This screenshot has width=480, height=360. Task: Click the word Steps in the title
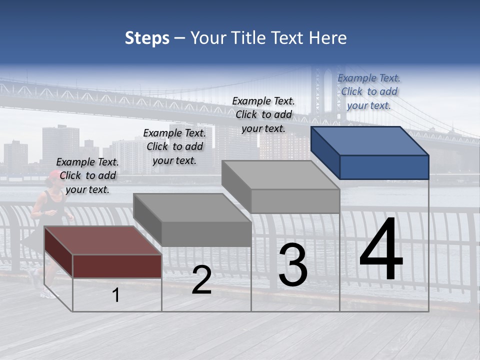pyautogui.click(x=147, y=38)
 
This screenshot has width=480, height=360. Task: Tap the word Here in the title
pyautogui.click(x=327, y=38)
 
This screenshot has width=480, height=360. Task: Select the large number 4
pyautogui.click(x=381, y=250)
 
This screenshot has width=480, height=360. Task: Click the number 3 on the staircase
pyautogui.click(x=293, y=265)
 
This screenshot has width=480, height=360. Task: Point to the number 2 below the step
pyautogui.click(x=201, y=280)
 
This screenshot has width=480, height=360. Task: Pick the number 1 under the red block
pyautogui.click(x=116, y=295)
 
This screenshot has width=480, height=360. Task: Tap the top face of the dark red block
pyautogui.click(x=102, y=240)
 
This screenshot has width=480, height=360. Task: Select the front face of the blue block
pyautogui.click(x=384, y=167)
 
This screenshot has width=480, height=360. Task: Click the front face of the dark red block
pyautogui.click(x=117, y=265)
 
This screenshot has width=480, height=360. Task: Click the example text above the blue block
pyautogui.click(x=369, y=91)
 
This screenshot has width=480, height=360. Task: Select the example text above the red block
pyautogui.click(x=87, y=175)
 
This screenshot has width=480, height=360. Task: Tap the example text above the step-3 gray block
pyautogui.click(x=263, y=114)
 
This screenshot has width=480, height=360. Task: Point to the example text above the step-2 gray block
pyautogui.click(x=174, y=146)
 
